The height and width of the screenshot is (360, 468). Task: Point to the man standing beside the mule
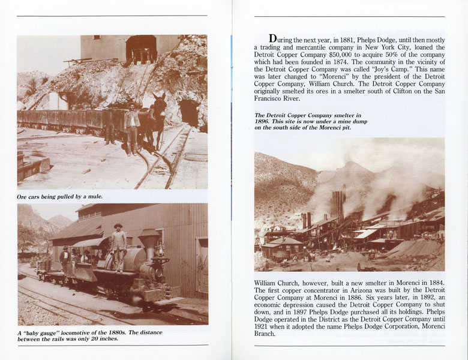point(131,127)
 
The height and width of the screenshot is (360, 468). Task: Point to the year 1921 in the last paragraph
point(264,326)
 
